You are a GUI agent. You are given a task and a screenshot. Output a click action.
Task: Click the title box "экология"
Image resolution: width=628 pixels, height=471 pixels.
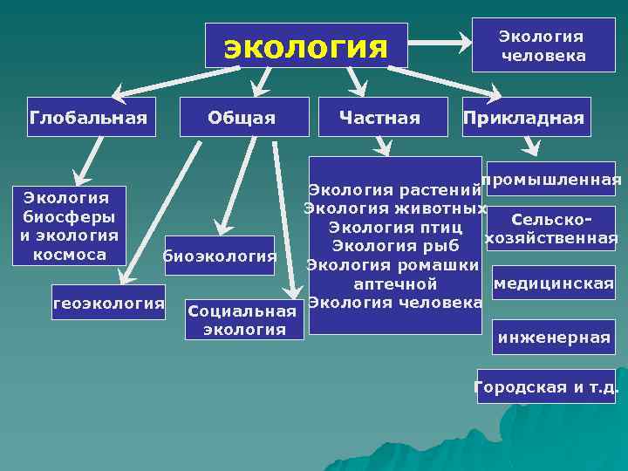306,45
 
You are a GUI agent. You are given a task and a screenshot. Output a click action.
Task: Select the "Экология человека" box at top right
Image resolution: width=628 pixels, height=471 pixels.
541,46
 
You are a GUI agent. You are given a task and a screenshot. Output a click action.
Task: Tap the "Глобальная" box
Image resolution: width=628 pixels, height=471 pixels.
88,117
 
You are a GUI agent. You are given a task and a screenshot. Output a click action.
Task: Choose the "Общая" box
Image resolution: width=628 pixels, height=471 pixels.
243,117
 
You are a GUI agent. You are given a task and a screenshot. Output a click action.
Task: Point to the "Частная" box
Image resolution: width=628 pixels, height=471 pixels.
380,117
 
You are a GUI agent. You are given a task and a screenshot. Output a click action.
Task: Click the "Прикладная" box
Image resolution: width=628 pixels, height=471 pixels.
524,117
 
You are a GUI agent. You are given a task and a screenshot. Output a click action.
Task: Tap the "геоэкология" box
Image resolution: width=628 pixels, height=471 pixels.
109,303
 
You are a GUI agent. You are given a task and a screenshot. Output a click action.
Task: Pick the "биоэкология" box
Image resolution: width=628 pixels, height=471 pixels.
219,256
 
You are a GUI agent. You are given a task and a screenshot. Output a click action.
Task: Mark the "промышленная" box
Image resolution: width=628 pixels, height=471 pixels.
552,181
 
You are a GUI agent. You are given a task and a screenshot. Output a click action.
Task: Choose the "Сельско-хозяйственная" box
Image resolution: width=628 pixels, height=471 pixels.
552,229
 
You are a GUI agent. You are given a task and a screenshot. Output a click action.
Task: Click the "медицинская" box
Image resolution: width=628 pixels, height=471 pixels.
553,284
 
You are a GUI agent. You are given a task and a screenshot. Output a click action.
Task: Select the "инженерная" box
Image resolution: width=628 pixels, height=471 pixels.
553,337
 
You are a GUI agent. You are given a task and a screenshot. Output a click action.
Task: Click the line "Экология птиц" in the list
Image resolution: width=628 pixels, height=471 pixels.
395,228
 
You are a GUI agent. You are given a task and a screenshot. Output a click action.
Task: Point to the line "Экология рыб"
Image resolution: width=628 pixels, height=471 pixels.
395,246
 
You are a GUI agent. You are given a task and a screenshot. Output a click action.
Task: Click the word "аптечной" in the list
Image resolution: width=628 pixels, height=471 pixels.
395,284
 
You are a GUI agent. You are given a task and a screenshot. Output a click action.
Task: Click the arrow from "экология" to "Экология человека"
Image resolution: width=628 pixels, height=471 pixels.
440,40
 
